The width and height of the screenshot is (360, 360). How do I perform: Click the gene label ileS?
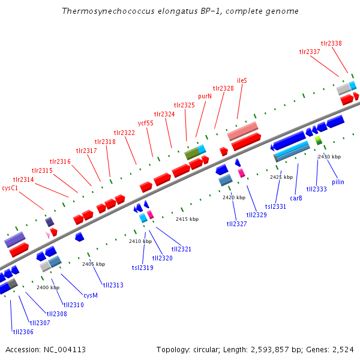coord(242,80)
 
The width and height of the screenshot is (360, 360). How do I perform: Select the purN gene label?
coord(205,95)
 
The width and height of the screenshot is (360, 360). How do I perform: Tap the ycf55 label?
coord(146,123)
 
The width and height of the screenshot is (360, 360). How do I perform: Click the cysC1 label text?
coord(10,188)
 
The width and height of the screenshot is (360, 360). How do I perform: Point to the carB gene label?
coord(296,197)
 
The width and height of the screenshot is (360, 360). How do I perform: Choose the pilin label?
coord(338,182)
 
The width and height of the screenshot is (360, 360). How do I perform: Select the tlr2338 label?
coord(331,43)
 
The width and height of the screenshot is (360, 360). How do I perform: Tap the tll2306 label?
coord(23,331)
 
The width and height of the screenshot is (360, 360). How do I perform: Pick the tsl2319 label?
coord(142,268)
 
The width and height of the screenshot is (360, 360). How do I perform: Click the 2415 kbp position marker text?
coord(187,219)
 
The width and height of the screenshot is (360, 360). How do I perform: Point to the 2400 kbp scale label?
coord(48,287)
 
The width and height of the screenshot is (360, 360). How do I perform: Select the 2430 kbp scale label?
coord(329,157)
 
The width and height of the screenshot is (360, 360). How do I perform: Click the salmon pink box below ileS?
coord(242,130)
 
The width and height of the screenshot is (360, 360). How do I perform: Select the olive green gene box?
coord(191,154)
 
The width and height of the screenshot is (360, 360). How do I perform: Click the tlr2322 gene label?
coord(125,133)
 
